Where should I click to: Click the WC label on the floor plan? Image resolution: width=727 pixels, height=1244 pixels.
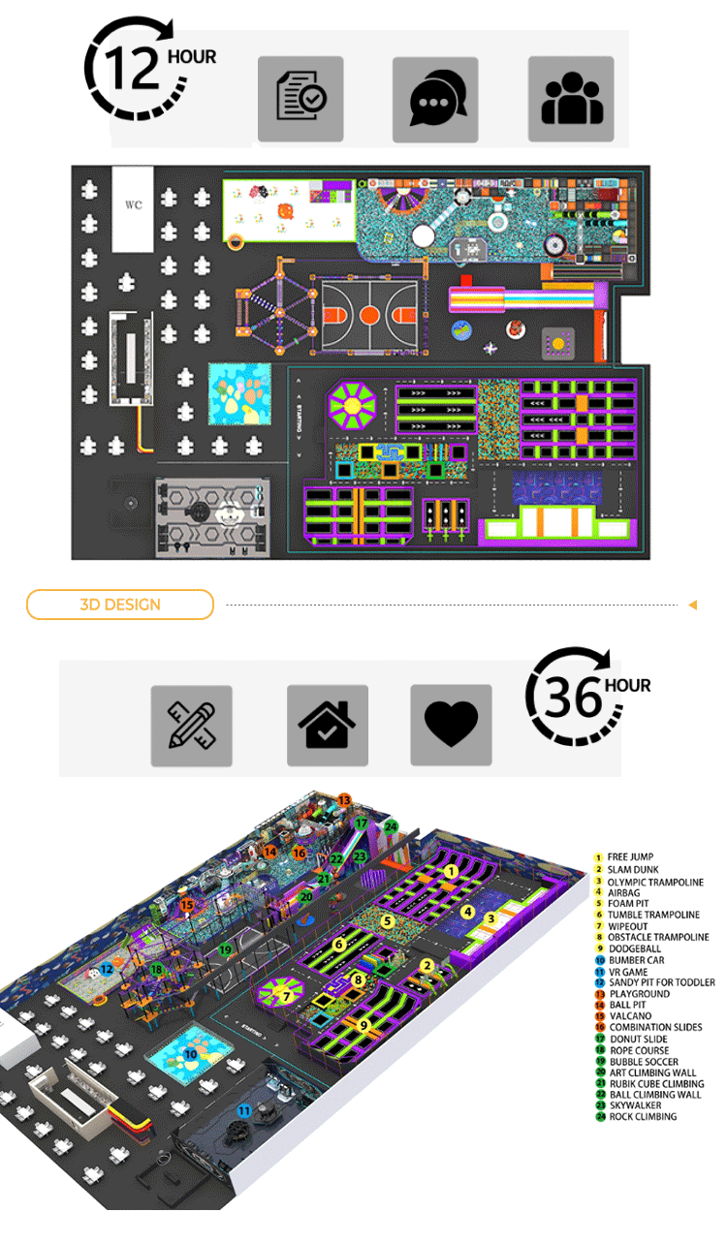click(x=133, y=205)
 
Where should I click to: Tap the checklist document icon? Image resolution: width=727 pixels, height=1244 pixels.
click(x=300, y=99)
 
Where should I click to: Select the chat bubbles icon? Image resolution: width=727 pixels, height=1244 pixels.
click(x=435, y=99)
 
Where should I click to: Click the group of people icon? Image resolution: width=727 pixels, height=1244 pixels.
click(x=571, y=99)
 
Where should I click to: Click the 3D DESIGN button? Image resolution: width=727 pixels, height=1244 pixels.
click(x=119, y=605)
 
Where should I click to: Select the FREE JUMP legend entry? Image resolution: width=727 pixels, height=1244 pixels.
click(x=630, y=857)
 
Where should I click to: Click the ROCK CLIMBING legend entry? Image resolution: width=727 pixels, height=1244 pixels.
click(x=642, y=1117)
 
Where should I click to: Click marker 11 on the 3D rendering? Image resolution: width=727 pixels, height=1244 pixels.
click(x=245, y=1110)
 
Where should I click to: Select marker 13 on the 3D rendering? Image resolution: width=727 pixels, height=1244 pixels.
click(x=344, y=800)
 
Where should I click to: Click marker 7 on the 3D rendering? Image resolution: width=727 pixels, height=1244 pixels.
click(x=286, y=996)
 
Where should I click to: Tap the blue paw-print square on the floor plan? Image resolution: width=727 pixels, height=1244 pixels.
click(x=240, y=395)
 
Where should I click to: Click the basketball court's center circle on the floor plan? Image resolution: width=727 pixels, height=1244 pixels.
click(x=368, y=314)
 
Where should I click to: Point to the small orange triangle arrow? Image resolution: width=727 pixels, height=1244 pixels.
click(x=692, y=606)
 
